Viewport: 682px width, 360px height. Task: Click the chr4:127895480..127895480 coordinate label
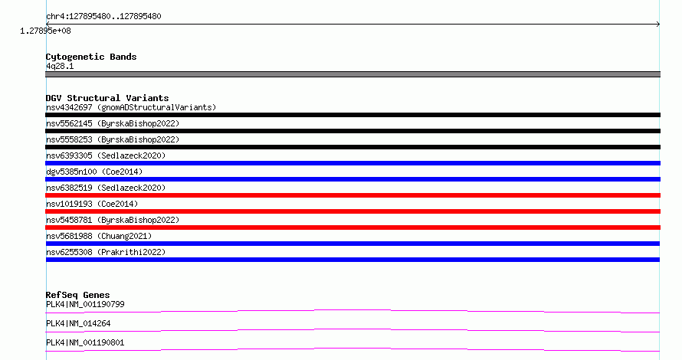pyautogui.click(x=103, y=16)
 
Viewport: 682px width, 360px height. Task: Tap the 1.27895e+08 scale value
pyautogui.click(x=45, y=31)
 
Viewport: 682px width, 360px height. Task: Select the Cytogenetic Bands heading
pyautogui.click(x=91, y=57)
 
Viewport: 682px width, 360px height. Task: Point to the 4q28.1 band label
pyautogui.click(x=60, y=66)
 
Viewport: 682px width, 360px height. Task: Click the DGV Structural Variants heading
pyautogui.click(x=107, y=98)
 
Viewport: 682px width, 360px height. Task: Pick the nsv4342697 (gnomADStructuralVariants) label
pyautogui.click(x=131, y=107)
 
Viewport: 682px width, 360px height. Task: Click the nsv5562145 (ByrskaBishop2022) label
pyautogui.click(x=113, y=123)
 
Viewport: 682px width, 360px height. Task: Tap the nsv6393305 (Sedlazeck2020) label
pyautogui.click(x=106, y=155)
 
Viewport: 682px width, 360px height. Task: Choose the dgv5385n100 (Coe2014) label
pyautogui.click(x=94, y=172)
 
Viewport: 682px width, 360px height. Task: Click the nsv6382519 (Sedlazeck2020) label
pyautogui.click(x=106, y=188)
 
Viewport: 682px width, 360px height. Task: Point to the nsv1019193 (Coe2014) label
pyautogui.click(x=92, y=204)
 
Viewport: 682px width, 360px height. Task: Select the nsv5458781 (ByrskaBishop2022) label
pyautogui.click(x=113, y=220)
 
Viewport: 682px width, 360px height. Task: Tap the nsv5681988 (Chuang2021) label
pyautogui.click(x=99, y=236)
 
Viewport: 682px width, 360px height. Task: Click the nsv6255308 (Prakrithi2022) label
pyautogui.click(x=106, y=252)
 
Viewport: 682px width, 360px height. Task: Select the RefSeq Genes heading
pyautogui.click(x=77, y=295)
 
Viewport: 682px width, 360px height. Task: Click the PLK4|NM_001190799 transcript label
pyautogui.click(x=85, y=304)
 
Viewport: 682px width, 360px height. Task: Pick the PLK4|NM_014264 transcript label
pyautogui.click(x=78, y=323)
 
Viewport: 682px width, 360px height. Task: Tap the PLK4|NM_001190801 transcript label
pyautogui.click(x=85, y=342)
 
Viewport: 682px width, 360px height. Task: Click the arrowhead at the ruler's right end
pyautogui.click(x=658, y=25)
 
